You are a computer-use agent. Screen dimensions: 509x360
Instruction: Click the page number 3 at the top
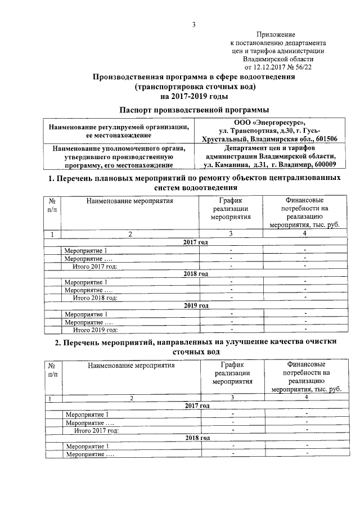(193, 24)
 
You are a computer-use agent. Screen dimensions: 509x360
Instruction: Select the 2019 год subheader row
(196, 305)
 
